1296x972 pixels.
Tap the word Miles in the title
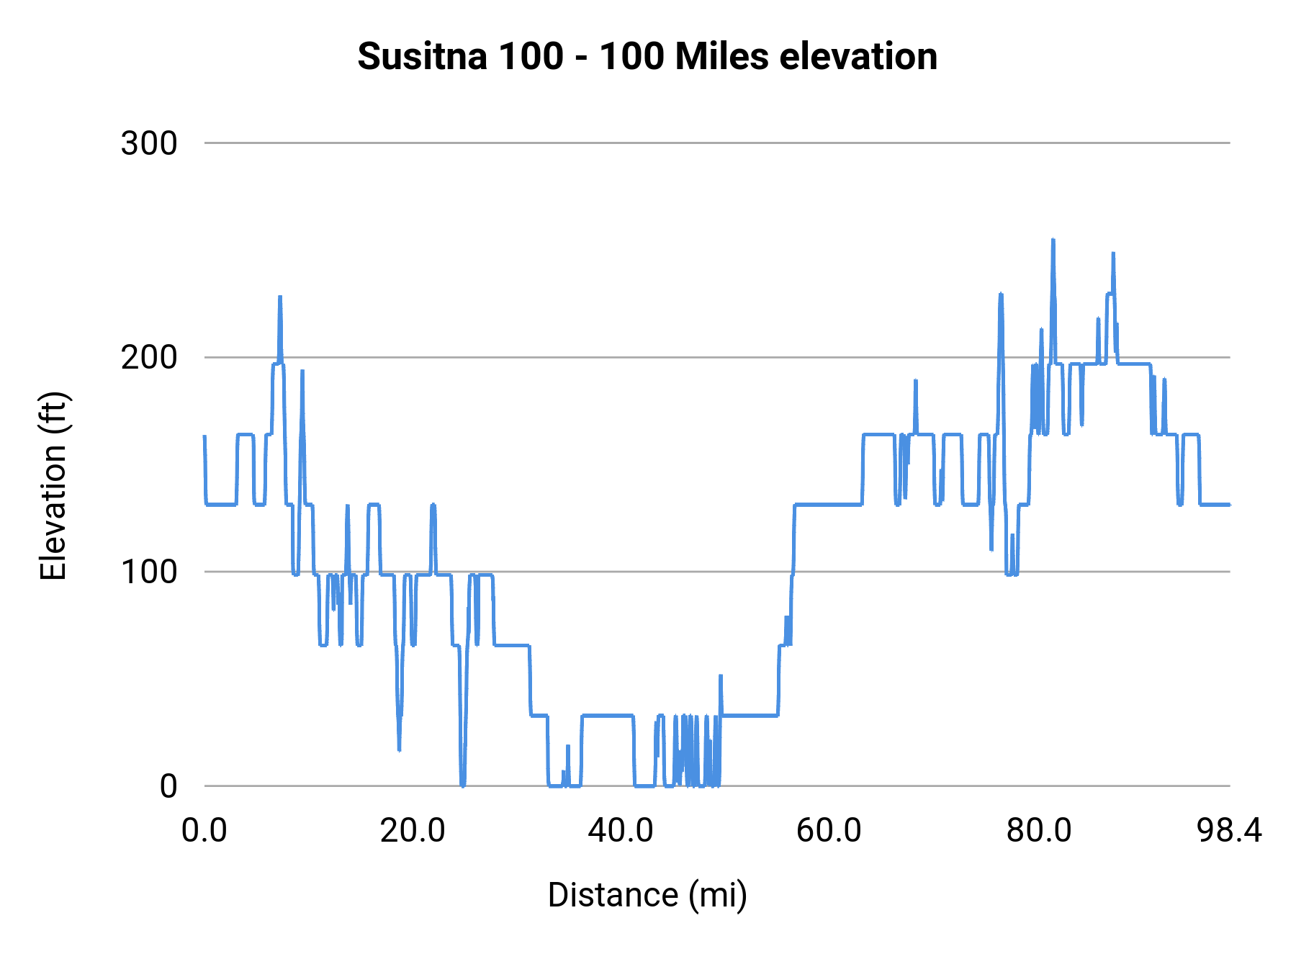point(721,56)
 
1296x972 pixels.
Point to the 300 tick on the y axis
point(149,143)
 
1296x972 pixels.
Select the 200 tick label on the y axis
point(149,357)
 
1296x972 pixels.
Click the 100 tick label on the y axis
point(149,572)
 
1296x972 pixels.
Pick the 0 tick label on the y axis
point(168,786)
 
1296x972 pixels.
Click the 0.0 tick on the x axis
point(204,831)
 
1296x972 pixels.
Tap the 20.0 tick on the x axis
point(413,831)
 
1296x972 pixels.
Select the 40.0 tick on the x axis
point(621,831)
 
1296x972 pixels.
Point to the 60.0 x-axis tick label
point(829,831)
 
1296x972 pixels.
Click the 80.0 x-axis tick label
point(1038,831)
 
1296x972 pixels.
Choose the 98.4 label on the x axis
point(1229,831)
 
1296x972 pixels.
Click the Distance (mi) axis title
point(647,895)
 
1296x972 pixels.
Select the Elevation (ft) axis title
point(53,487)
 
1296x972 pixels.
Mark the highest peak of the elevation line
point(1053,240)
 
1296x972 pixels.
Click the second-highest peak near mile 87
point(1113,254)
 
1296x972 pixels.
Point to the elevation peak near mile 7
point(280,297)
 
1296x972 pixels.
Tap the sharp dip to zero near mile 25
point(462,784)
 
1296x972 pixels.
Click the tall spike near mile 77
point(1001,294)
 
